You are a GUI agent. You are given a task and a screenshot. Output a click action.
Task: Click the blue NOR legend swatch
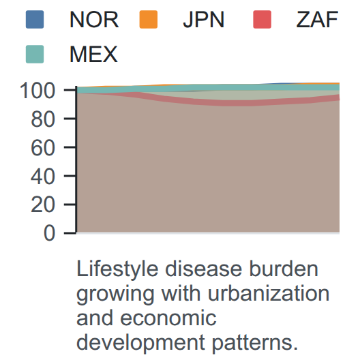point(35,20)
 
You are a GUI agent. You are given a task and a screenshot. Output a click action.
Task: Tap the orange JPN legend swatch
point(149,20)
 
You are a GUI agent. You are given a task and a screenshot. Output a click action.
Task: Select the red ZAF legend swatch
point(262,20)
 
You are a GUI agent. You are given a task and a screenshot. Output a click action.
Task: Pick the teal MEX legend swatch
point(35,54)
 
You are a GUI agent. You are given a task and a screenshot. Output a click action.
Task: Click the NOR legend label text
point(94,20)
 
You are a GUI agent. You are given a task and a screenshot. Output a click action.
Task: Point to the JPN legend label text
point(204,20)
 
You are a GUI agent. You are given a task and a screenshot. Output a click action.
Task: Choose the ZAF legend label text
point(317,20)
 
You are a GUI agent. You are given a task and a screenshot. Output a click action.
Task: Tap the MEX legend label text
point(93,55)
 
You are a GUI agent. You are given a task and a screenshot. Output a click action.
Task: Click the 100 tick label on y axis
point(37,91)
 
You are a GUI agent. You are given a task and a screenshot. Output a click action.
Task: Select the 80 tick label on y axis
point(43,119)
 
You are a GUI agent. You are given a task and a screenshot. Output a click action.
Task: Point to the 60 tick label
point(43,148)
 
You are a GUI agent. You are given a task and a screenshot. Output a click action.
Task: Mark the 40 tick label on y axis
point(43,177)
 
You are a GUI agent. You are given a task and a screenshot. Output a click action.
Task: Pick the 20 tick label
point(43,205)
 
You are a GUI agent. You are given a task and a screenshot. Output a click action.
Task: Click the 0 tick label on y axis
point(49,233)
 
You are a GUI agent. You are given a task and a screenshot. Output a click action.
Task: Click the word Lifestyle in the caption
point(117,269)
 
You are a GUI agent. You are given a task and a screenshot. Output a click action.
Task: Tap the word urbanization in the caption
point(269,294)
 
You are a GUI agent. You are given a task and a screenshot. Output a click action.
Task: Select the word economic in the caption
point(168,318)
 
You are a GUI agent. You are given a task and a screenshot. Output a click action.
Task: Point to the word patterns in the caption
point(255,343)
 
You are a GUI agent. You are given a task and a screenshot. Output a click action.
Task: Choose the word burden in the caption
point(284,269)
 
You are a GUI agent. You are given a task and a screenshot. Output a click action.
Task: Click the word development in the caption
point(140,343)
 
